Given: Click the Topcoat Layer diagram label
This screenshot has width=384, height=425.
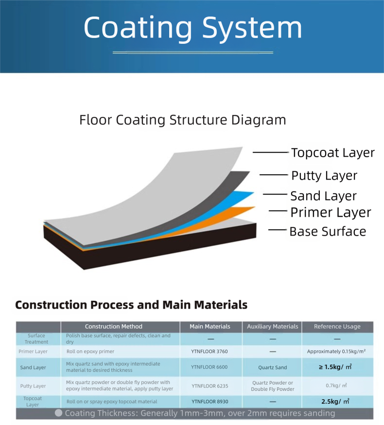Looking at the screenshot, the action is [x=333, y=153].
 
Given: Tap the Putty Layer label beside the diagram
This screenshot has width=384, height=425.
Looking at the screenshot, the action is [x=324, y=176].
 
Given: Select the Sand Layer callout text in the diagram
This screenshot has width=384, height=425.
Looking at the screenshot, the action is [x=323, y=196].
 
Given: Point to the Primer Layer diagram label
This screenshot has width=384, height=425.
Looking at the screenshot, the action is [x=331, y=212].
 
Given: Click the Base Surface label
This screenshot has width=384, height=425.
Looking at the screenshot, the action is [x=328, y=231].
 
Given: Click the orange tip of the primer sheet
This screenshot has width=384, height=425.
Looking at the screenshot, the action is [x=254, y=207].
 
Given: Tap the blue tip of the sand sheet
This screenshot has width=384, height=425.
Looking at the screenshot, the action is [x=252, y=193].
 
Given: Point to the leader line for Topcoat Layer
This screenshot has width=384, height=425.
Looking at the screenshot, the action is [x=271, y=152].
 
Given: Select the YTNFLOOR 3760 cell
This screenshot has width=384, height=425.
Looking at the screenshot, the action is [x=209, y=351].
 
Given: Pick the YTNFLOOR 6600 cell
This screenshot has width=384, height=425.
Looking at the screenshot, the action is [x=209, y=367].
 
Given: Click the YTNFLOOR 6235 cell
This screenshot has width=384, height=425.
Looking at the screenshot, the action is [x=210, y=386].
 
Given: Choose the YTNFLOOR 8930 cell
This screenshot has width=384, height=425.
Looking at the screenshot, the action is [x=210, y=402].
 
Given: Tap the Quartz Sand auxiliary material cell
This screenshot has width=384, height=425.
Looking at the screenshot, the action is [x=273, y=368].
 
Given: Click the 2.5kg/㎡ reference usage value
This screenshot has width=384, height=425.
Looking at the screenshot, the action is [x=335, y=402].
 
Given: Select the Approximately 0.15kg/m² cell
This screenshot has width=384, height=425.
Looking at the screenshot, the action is [x=336, y=351].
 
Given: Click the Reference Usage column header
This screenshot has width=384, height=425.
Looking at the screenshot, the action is [x=337, y=327].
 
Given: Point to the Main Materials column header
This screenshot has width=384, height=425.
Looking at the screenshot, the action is [x=210, y=327].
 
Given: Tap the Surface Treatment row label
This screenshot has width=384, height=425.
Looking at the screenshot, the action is [x=36, y=339].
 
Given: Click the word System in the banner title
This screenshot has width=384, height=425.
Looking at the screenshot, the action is [x=252, y=28].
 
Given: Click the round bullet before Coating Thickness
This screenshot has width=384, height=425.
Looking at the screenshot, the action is [x=58, y=413].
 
